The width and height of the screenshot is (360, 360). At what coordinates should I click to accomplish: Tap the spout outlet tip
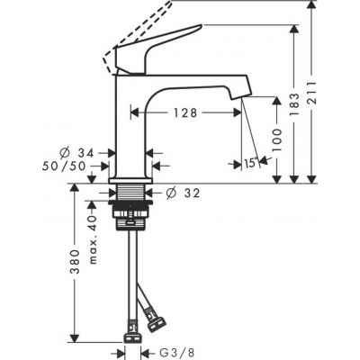pyautogui.click(x=241, y=91)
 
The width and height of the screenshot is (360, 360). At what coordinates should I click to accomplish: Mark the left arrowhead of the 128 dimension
pyautogui.click(x=135, y=113)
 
